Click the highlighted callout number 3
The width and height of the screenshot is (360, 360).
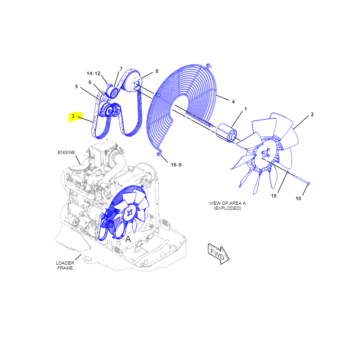tap(73, 116)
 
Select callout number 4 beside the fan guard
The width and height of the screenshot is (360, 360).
tap(233, 102)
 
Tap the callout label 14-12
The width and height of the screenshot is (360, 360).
tap(94, 73)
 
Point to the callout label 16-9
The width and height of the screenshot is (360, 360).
tap(176, 165)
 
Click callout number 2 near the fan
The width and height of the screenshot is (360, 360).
tap(312, 114)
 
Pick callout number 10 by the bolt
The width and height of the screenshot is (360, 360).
tap(298, 198)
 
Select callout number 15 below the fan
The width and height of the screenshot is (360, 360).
tap(274, 196)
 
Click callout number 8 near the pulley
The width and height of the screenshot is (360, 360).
tap(157, 71)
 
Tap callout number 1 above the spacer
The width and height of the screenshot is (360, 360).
tap(245, 109)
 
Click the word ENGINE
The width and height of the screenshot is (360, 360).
tap(66, 153)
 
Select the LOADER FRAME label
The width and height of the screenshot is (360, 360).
tap(65, 265)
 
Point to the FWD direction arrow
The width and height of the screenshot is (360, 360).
tap(218, 254)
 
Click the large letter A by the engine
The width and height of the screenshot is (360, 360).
tap(128, 239)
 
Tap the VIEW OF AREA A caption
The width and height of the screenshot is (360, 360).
tap(227, 203)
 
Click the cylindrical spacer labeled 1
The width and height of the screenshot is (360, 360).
tap(226, 133)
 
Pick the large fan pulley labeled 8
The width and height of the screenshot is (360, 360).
tap(132, 81)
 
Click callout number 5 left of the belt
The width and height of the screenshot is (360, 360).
tap(76, 86)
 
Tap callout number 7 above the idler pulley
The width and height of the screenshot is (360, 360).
tap(121, 69)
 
